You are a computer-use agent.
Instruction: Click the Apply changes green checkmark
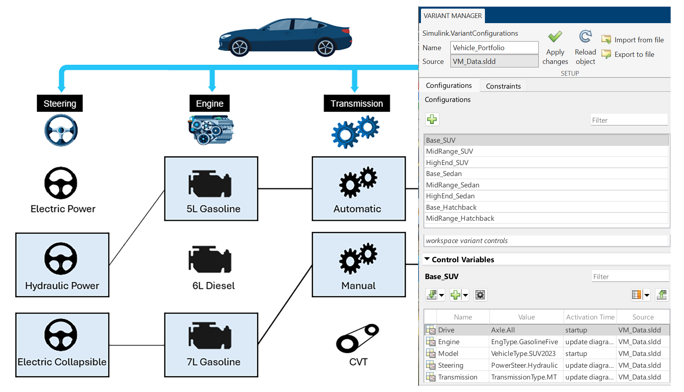point(555,37)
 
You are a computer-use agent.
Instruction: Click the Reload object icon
point(585,36)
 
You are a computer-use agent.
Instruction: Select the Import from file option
point(633,40)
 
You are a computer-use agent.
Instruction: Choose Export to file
point(628,54)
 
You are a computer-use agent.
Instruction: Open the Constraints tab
point(503,86)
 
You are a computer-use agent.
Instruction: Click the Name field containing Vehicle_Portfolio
point(494,48)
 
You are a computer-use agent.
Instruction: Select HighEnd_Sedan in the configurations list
point(450,196)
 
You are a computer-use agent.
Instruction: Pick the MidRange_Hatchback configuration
point(460,218)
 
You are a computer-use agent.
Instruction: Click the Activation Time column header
point(590,317)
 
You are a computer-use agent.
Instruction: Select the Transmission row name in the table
point(458,377)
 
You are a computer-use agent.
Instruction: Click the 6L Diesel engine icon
point(210,259)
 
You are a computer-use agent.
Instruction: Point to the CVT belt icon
point(357,338)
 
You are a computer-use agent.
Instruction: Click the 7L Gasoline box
point(211,345)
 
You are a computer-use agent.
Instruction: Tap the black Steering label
point(60,103)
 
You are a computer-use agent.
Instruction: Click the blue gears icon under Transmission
point(355,132)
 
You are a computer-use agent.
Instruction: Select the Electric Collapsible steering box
point(62,345)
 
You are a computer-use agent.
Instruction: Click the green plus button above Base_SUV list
point(432,120)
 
